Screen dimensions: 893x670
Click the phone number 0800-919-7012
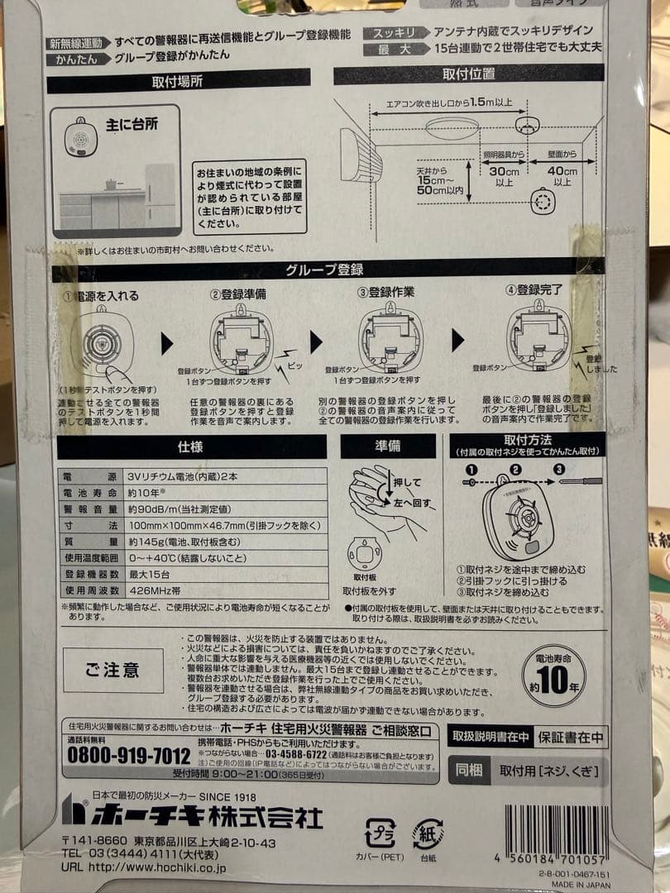pos(128,756)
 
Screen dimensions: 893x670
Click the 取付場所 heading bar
pos(178,82)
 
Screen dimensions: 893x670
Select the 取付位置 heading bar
pos(469,74)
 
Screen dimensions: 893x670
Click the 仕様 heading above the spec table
pos(190,447)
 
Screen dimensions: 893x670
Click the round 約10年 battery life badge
pos(554,675)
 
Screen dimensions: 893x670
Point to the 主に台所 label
pos(132,124)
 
